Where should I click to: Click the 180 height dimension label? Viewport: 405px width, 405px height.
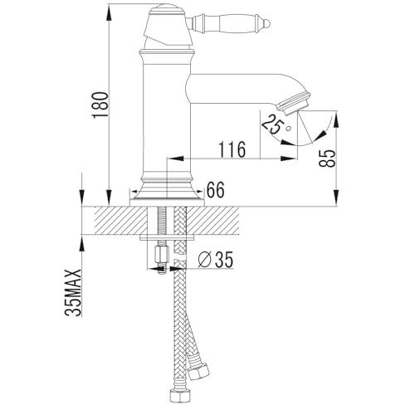(x=100, y=105)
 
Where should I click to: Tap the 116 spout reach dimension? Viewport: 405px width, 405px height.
(x=232, y=149)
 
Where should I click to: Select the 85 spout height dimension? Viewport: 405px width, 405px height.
(x=327, y=159)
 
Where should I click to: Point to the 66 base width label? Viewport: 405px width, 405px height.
(x=216, y=190)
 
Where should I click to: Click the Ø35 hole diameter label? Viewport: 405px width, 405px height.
(x=216, y=259)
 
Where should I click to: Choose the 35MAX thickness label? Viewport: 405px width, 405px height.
(x=73, y=292)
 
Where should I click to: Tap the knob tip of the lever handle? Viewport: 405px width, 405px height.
(x=266, y=23)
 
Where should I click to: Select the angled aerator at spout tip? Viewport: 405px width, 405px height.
(x=294, y=104)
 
